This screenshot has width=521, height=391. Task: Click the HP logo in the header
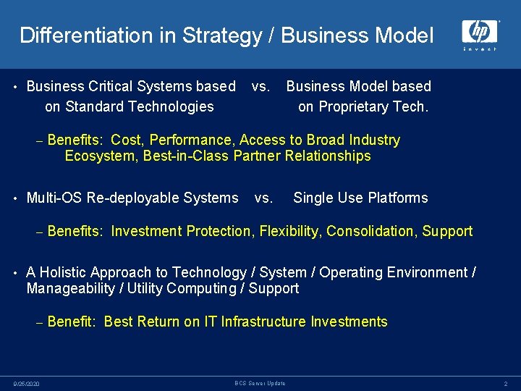(x=480, y=33)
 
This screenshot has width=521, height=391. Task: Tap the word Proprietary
(x=362, y=107)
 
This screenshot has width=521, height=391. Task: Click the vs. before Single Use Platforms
(x=264, y=198)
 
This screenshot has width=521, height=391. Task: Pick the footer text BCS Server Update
(x=260, y=383)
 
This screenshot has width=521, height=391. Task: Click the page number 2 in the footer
(x=506, y=384)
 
